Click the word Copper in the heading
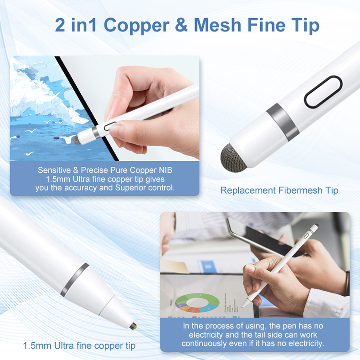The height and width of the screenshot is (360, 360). (x=136, y=26)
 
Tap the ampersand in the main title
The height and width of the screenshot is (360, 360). (x=182, y=25)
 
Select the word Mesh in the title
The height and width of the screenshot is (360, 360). (x=217, y=25)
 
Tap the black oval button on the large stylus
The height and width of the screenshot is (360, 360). (x=323, y=92)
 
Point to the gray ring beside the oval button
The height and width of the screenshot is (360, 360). (x=283, y=122)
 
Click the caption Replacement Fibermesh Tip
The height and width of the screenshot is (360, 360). (x=279, y=190)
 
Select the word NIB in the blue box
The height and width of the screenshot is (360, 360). (x=165, y=170)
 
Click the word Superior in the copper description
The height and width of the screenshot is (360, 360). (x=130, y=188)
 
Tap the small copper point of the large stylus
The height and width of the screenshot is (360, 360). (x=133, y=326)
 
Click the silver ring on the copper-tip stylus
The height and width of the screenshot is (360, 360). (x=74, y=279)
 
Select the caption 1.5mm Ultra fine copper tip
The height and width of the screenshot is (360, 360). (x=79, y=346)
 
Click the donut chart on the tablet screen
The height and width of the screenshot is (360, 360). (x=197, y=303)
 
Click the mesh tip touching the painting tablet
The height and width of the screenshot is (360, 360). (x=77, y=140)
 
